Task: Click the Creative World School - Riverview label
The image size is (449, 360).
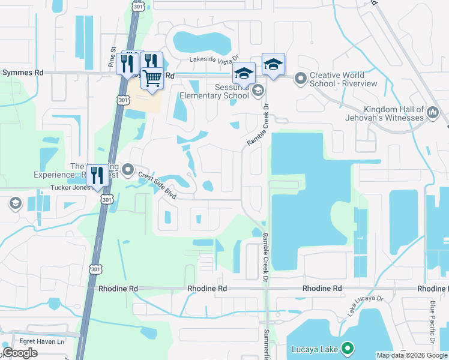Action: [344, 79]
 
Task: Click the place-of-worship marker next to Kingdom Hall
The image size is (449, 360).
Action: [432, 113]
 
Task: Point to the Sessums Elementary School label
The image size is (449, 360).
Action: [214, 91]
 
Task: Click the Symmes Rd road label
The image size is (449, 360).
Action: [23, 72]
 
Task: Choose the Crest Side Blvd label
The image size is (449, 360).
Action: [157, 182]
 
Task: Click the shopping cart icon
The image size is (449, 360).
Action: [152, 77]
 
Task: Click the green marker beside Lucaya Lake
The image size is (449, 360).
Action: [347, 348]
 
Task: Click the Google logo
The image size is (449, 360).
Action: [20, 353]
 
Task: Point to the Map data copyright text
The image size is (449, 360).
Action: [411, 355]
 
